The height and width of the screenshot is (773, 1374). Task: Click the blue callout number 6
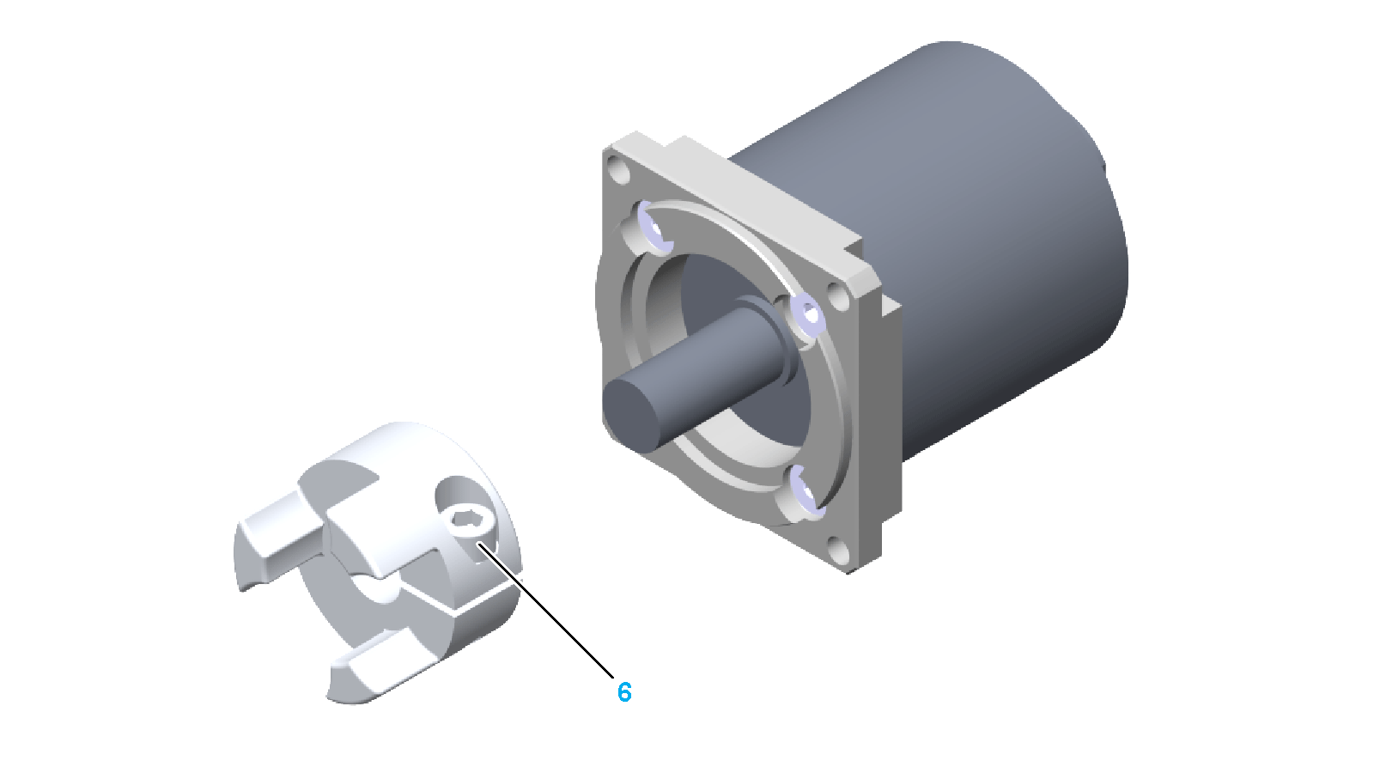coord(623,692)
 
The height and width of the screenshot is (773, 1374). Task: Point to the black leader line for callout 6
coord(545,610)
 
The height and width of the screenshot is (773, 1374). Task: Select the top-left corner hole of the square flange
coord(619,170)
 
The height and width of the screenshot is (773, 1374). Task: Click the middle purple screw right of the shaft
coord(807,314)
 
